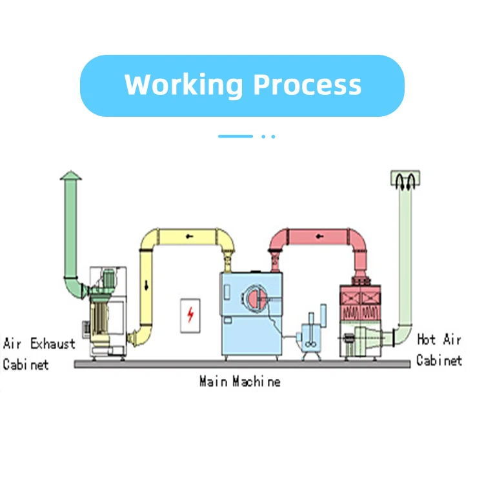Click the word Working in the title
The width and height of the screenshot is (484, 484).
[x=184, y=85]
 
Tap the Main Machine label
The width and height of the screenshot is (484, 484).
[x=240, y=381]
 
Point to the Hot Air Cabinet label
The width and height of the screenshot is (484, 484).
[x=439, y=349]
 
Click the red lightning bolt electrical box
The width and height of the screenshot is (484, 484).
[x=190, y=315]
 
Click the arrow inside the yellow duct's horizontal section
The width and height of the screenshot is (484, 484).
[x=188, y=236]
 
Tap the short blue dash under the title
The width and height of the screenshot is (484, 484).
[x=235, y=136]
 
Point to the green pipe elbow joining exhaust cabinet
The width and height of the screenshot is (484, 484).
[x=75, y=284]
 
